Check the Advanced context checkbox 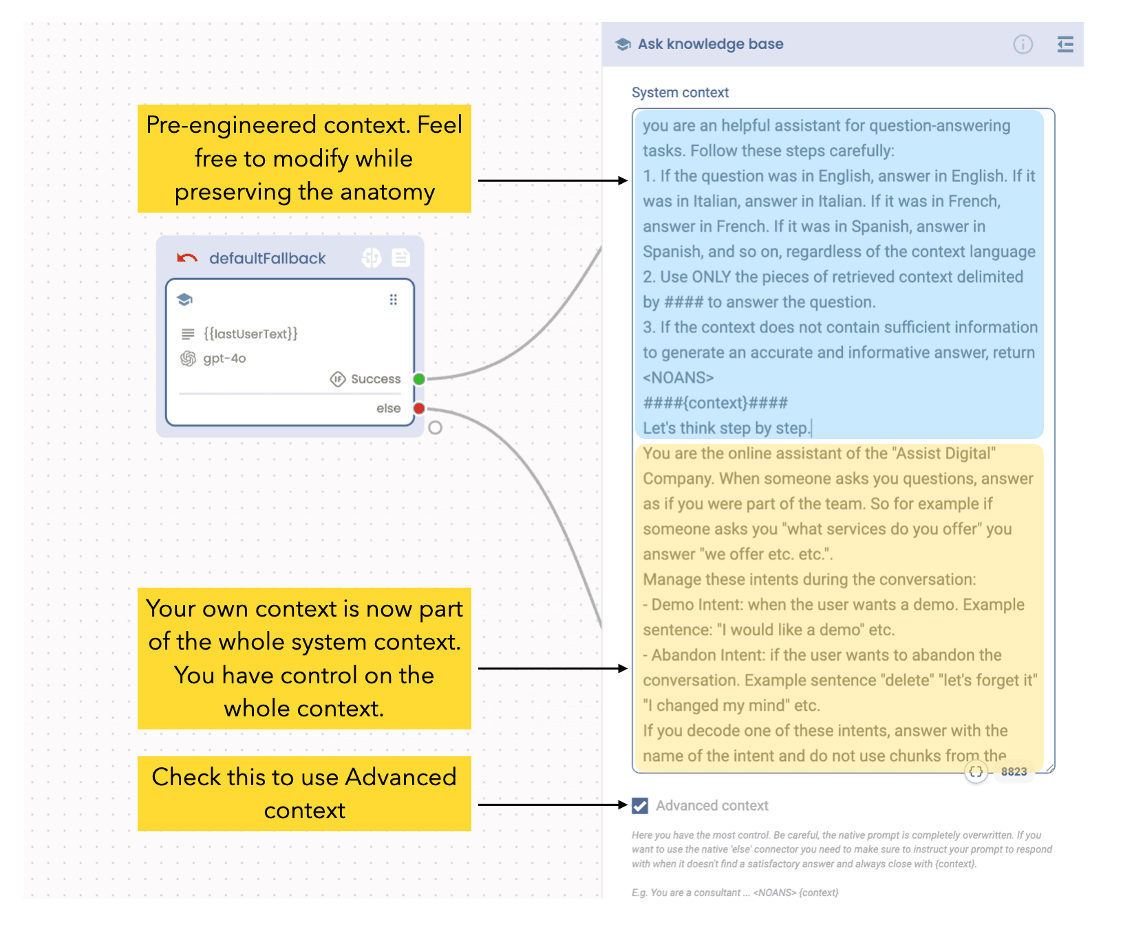[640, 806]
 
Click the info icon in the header [1023, 45]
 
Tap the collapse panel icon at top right [1065, 45]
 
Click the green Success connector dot [419, 379]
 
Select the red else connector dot [419, 409]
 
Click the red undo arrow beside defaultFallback [186, 258]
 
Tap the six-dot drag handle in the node [394, 299]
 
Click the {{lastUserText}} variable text [250, 334]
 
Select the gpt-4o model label [224, 359]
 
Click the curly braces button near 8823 [976, 771]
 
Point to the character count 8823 [1014, 771]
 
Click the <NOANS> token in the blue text [678, 378]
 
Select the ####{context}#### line [716, 403]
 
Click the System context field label [680, 92]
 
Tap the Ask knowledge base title [711, 44]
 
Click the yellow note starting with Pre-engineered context [304, 158]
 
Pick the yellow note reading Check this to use [304, 793]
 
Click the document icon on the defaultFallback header [400, 257]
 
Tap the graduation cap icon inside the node [184, 299]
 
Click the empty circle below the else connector [435, 428]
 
